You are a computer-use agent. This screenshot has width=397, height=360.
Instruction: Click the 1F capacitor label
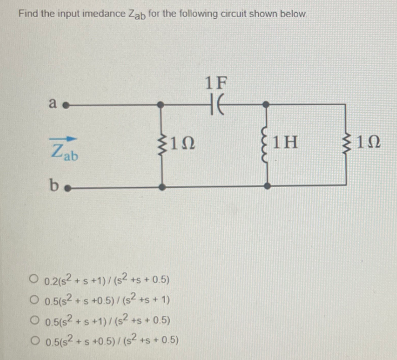216,83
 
